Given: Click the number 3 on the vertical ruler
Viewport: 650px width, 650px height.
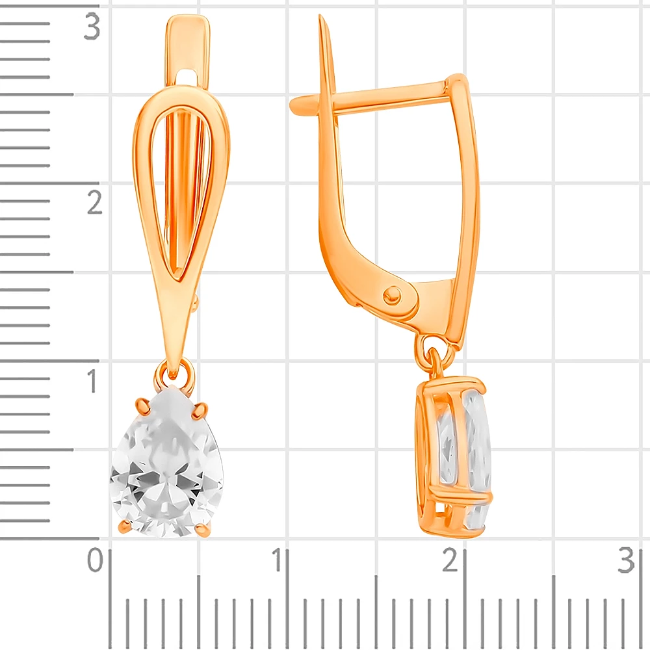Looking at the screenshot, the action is pos(92,26).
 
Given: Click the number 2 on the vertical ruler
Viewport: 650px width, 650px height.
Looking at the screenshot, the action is pos(94,202).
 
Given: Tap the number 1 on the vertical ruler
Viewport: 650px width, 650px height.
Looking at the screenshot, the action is pos(93,380).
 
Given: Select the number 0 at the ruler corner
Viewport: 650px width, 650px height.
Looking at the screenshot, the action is pos(95,560).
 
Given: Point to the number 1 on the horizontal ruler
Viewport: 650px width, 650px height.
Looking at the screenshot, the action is pos(278,560).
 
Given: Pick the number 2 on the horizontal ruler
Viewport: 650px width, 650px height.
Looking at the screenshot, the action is pos(450,560).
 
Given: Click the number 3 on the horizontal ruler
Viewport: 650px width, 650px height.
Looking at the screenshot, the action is pos(626,560).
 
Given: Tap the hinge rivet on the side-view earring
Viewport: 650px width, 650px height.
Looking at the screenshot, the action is pos(392,294).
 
